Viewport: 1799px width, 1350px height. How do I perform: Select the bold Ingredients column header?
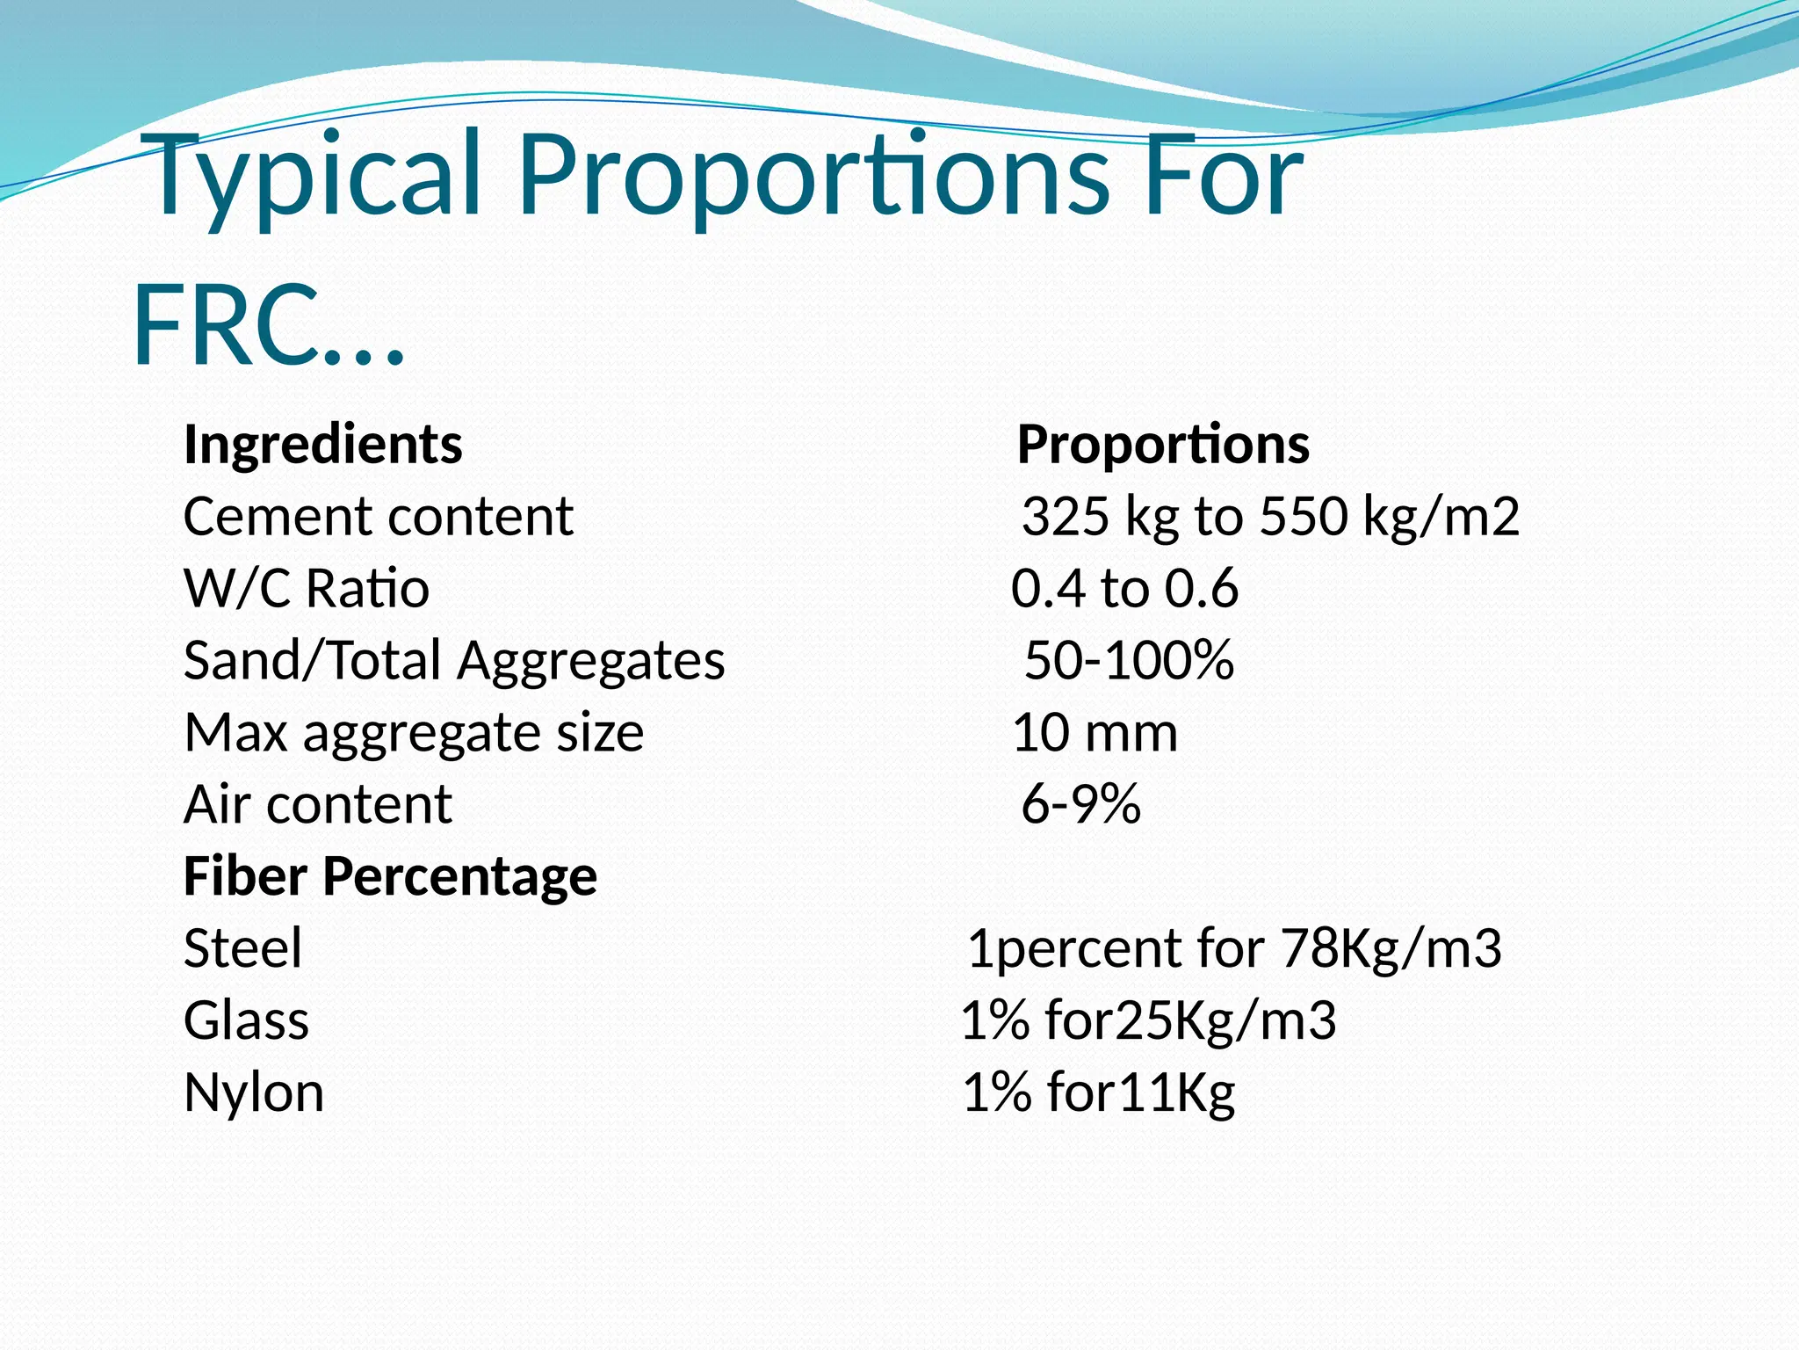coord(322,444)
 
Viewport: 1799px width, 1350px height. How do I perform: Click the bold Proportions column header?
coord(1163,444)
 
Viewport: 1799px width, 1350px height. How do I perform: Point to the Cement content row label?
coord(378,516)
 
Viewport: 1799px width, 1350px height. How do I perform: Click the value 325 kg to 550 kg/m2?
coord(1269,516)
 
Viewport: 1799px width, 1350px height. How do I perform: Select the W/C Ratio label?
coord(306,588)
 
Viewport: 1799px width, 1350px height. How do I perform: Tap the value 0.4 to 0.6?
coord(1124,588)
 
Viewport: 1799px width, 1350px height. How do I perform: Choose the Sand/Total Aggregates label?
coord(453,660)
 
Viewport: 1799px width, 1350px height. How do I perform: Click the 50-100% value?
coord(1129,660)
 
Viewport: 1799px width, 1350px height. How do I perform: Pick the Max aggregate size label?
coord(414,732)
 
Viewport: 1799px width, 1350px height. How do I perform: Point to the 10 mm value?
coord(1095,732)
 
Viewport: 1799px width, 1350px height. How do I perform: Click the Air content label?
coord(317,804)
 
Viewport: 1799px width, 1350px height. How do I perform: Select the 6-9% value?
coord(1080,804)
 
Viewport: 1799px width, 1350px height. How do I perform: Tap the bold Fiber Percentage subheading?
coord(390,876)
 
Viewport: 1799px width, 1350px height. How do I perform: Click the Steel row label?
coord(242,948)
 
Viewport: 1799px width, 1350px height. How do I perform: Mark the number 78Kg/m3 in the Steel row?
coord(1391,948)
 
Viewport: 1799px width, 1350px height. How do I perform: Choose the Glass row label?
coord(246,1020)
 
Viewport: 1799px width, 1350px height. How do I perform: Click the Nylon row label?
coord(253,1092)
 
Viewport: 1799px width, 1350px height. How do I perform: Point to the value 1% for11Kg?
coord(1098,1092)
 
